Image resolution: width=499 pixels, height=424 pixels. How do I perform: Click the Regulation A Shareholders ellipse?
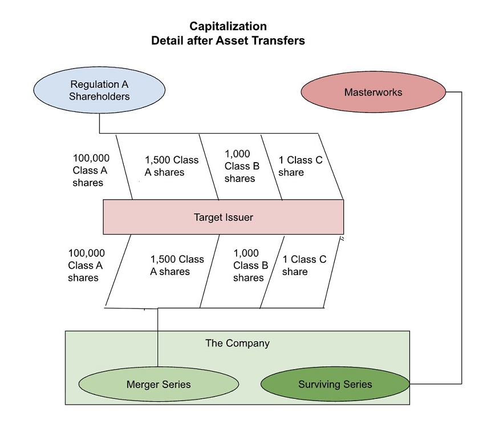coord(99,91)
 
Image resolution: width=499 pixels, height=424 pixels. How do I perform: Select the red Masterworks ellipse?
coord(373,92)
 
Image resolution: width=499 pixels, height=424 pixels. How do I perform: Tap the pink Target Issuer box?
coord(223,217)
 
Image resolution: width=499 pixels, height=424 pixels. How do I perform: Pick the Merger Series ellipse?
coord(158,384)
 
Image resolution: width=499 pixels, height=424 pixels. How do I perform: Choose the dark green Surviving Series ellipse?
coord(335,384)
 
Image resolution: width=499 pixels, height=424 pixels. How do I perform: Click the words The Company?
coord(237,343)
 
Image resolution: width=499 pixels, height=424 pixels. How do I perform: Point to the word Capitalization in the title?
coord(228,26)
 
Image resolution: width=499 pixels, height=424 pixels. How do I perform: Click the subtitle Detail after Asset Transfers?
coord(228,41)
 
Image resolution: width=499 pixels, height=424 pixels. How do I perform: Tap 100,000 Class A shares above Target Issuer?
coord(91,170)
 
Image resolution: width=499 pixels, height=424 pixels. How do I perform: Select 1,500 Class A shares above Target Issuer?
coord(171,166)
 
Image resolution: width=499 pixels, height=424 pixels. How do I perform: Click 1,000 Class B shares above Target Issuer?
coord(242,166)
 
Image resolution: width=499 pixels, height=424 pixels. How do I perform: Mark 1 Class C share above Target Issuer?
coord(300,166)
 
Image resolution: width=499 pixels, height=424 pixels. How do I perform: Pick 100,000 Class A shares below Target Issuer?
coord(86,265)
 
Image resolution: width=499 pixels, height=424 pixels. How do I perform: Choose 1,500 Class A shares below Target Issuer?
coord(177,265)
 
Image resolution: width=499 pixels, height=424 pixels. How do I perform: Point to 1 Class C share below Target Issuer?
coord(304,265)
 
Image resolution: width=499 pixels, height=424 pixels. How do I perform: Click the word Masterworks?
coord(373,92)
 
